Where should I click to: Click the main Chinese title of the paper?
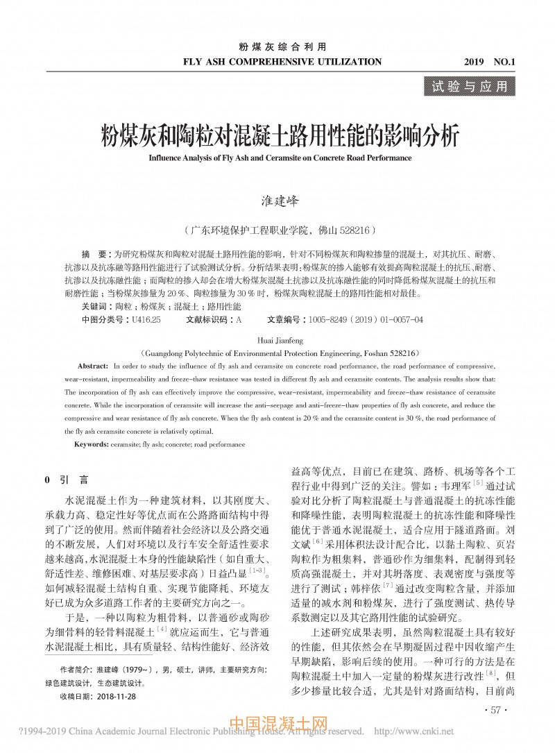pos(276,135)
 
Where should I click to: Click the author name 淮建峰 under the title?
pos(277,200)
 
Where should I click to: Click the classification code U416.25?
pos(146,319)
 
